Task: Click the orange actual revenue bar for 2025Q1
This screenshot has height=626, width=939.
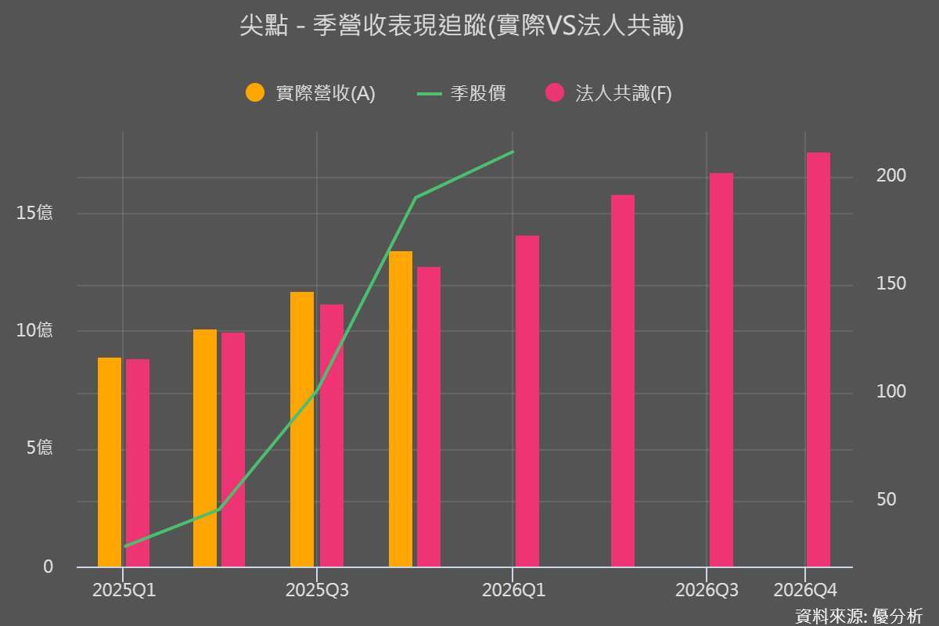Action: click(x=110, y=462)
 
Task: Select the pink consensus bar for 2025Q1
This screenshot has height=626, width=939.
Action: click(x=138, y=462)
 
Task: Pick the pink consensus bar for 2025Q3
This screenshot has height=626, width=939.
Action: click(x=332, y=435)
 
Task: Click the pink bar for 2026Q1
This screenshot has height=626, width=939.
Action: click(x=527, y=401)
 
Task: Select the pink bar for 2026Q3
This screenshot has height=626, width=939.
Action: click(x=721, y=369)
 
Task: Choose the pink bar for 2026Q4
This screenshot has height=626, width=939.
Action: click(x=818, y=359)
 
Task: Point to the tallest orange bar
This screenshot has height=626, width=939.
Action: click(x=401, y=408)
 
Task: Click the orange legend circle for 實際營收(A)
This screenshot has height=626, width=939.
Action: click(x=255, y=93)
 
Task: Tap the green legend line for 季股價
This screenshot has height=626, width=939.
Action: click(x=430, y=93)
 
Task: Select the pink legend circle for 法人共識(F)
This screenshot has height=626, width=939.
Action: click(x=555, y=93)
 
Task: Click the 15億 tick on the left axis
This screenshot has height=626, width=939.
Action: click(x=34, y=213)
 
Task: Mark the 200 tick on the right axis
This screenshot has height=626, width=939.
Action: click(x=891, y=175)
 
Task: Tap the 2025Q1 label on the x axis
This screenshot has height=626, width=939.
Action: click(x=124, y=590)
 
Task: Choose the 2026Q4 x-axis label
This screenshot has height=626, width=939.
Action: click(x=805, y=590)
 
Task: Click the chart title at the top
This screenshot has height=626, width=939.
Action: click(x=462, y=27)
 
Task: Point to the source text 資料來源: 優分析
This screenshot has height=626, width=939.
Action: click(x=858, y=616)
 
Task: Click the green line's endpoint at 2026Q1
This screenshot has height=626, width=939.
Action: click(x=513, y=152)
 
